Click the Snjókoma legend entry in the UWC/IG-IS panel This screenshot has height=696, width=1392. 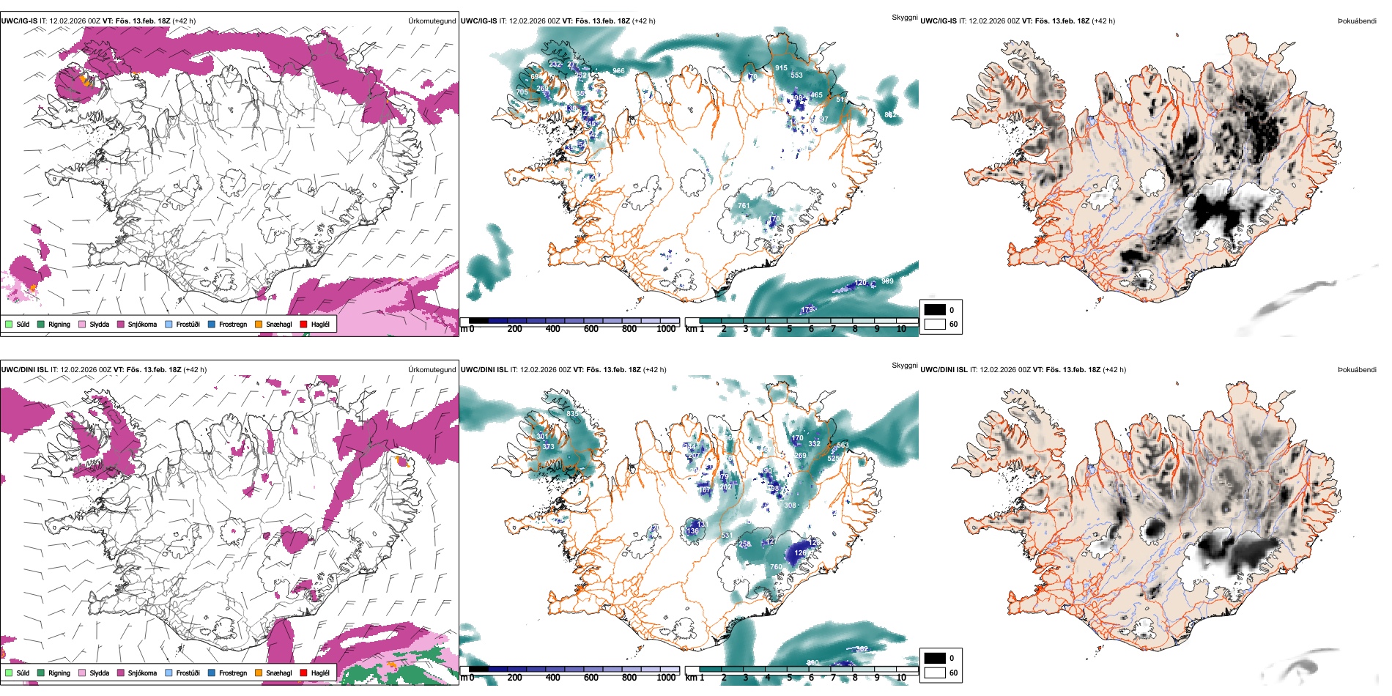point(142,325)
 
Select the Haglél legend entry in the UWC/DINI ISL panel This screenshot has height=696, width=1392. point(320,673)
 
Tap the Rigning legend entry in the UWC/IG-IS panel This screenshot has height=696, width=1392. point(59,325)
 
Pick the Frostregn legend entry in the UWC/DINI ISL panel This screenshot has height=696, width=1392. point(232,673)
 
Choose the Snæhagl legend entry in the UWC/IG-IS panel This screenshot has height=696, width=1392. point(278,325)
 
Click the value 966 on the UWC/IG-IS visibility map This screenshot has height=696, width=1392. point(618,71)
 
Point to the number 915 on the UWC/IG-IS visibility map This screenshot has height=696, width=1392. point(781,68)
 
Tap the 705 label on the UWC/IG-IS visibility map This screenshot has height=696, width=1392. point(522,92)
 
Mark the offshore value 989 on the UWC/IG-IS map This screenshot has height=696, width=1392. point(887,281)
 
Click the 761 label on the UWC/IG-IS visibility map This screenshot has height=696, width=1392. point(744,206)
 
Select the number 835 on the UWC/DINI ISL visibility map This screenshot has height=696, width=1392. point(572,414)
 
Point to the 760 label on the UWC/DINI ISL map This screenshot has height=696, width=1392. point(776,567)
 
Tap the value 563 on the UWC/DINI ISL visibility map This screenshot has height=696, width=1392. point(843,445)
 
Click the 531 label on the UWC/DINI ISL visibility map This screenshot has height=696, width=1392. point(726,536)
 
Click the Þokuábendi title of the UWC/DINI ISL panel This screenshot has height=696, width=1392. point(1357,370)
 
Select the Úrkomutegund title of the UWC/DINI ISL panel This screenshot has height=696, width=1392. point(432,370)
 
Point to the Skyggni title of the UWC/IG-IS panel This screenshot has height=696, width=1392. point(904,18)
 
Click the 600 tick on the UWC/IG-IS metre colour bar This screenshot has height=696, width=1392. point(591,329)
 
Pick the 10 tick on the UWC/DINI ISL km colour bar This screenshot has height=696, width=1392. point(901,678)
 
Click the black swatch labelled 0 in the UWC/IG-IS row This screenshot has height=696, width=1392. point(935,310)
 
